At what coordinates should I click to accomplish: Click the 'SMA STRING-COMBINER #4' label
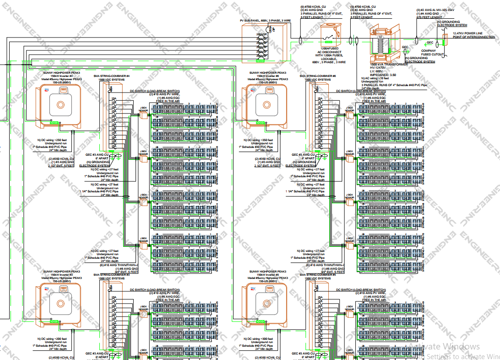click(112, 76)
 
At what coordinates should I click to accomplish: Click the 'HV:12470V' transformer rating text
click(380, 67)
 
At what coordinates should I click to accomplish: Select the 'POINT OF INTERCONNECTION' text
click(474, 37)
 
